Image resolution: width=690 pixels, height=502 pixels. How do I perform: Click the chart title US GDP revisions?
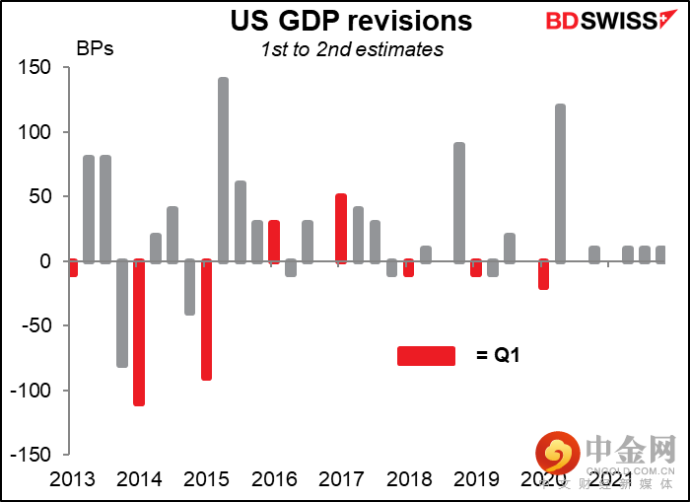[352, 21]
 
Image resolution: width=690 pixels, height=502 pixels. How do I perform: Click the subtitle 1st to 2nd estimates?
[352, 49]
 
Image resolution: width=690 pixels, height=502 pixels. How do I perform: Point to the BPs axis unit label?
[95, 47]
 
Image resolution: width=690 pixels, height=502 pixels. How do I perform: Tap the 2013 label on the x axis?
[72, 478]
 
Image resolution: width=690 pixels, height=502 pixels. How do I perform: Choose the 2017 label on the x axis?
[341, 478]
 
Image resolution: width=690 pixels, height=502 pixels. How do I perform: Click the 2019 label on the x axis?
[476, 478]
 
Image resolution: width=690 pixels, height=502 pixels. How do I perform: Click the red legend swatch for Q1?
[426, 356]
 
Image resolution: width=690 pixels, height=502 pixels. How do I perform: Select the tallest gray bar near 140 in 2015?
[223, 170]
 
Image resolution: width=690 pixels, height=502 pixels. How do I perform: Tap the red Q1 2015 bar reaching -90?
[206, 320]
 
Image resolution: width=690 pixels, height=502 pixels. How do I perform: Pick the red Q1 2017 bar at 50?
[341, 229]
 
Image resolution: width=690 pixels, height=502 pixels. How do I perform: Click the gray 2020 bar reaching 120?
[560, 182]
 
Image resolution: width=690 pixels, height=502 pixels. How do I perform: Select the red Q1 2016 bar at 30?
[274, 242]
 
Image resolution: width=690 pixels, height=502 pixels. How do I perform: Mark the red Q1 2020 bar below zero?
[543, 274]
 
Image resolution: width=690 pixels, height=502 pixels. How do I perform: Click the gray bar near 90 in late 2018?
[459, 202]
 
